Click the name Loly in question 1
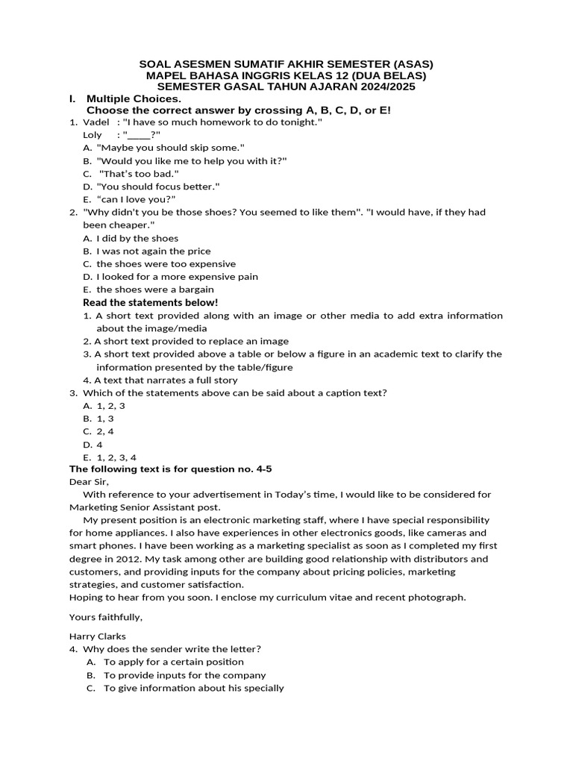click(x=92, y=135)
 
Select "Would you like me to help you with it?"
click(x=192, y=160)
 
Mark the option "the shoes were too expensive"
click(x=166, y=264)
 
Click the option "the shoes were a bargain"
click(x=155, y=289)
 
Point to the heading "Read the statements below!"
click(x=150, y=302)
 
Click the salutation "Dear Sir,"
click(x=89, y=482)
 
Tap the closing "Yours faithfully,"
click(x=105, y=617)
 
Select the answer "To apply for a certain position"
click(x=174, y=662)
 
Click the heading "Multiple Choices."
click(x=134, y=98)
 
